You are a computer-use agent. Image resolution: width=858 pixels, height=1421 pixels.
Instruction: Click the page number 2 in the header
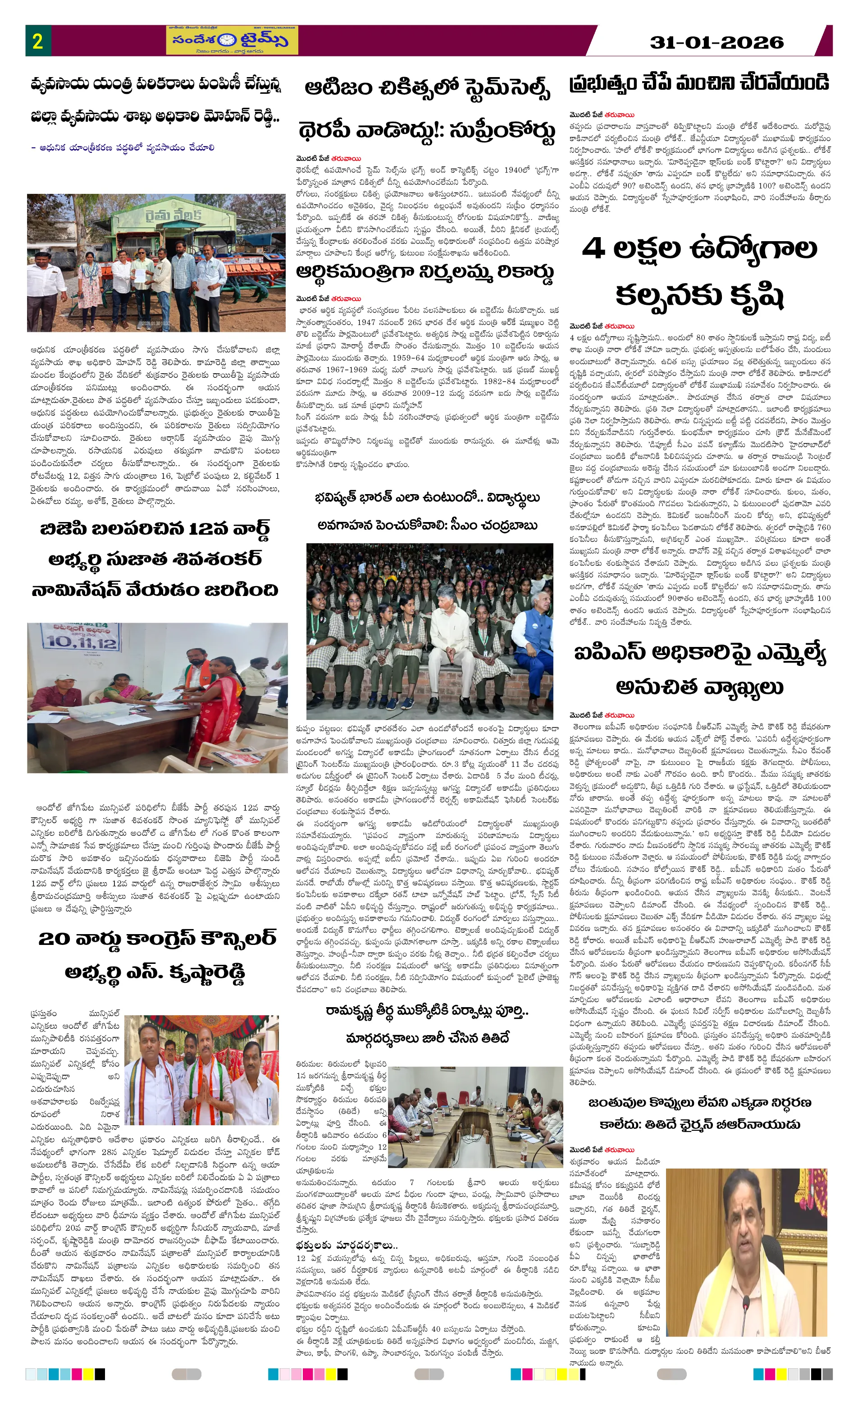[x=37, y=41]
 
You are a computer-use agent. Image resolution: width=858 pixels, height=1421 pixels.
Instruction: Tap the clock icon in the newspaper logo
[x=227, y=40]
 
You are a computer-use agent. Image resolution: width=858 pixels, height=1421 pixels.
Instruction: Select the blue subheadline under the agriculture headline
[x=123, y=147]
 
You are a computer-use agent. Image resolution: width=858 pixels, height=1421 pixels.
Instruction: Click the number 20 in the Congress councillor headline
[x=54, y=940]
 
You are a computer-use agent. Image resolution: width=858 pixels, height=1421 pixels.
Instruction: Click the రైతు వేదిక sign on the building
[x=172, y=215]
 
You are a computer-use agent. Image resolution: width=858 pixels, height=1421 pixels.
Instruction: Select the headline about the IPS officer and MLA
[x=699, y=669]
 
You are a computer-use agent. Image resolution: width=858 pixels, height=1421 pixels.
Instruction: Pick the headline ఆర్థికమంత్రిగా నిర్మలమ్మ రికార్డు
[x=425, y=272]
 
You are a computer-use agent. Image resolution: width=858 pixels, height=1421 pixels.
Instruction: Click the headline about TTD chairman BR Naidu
[x=699, y=1114]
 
